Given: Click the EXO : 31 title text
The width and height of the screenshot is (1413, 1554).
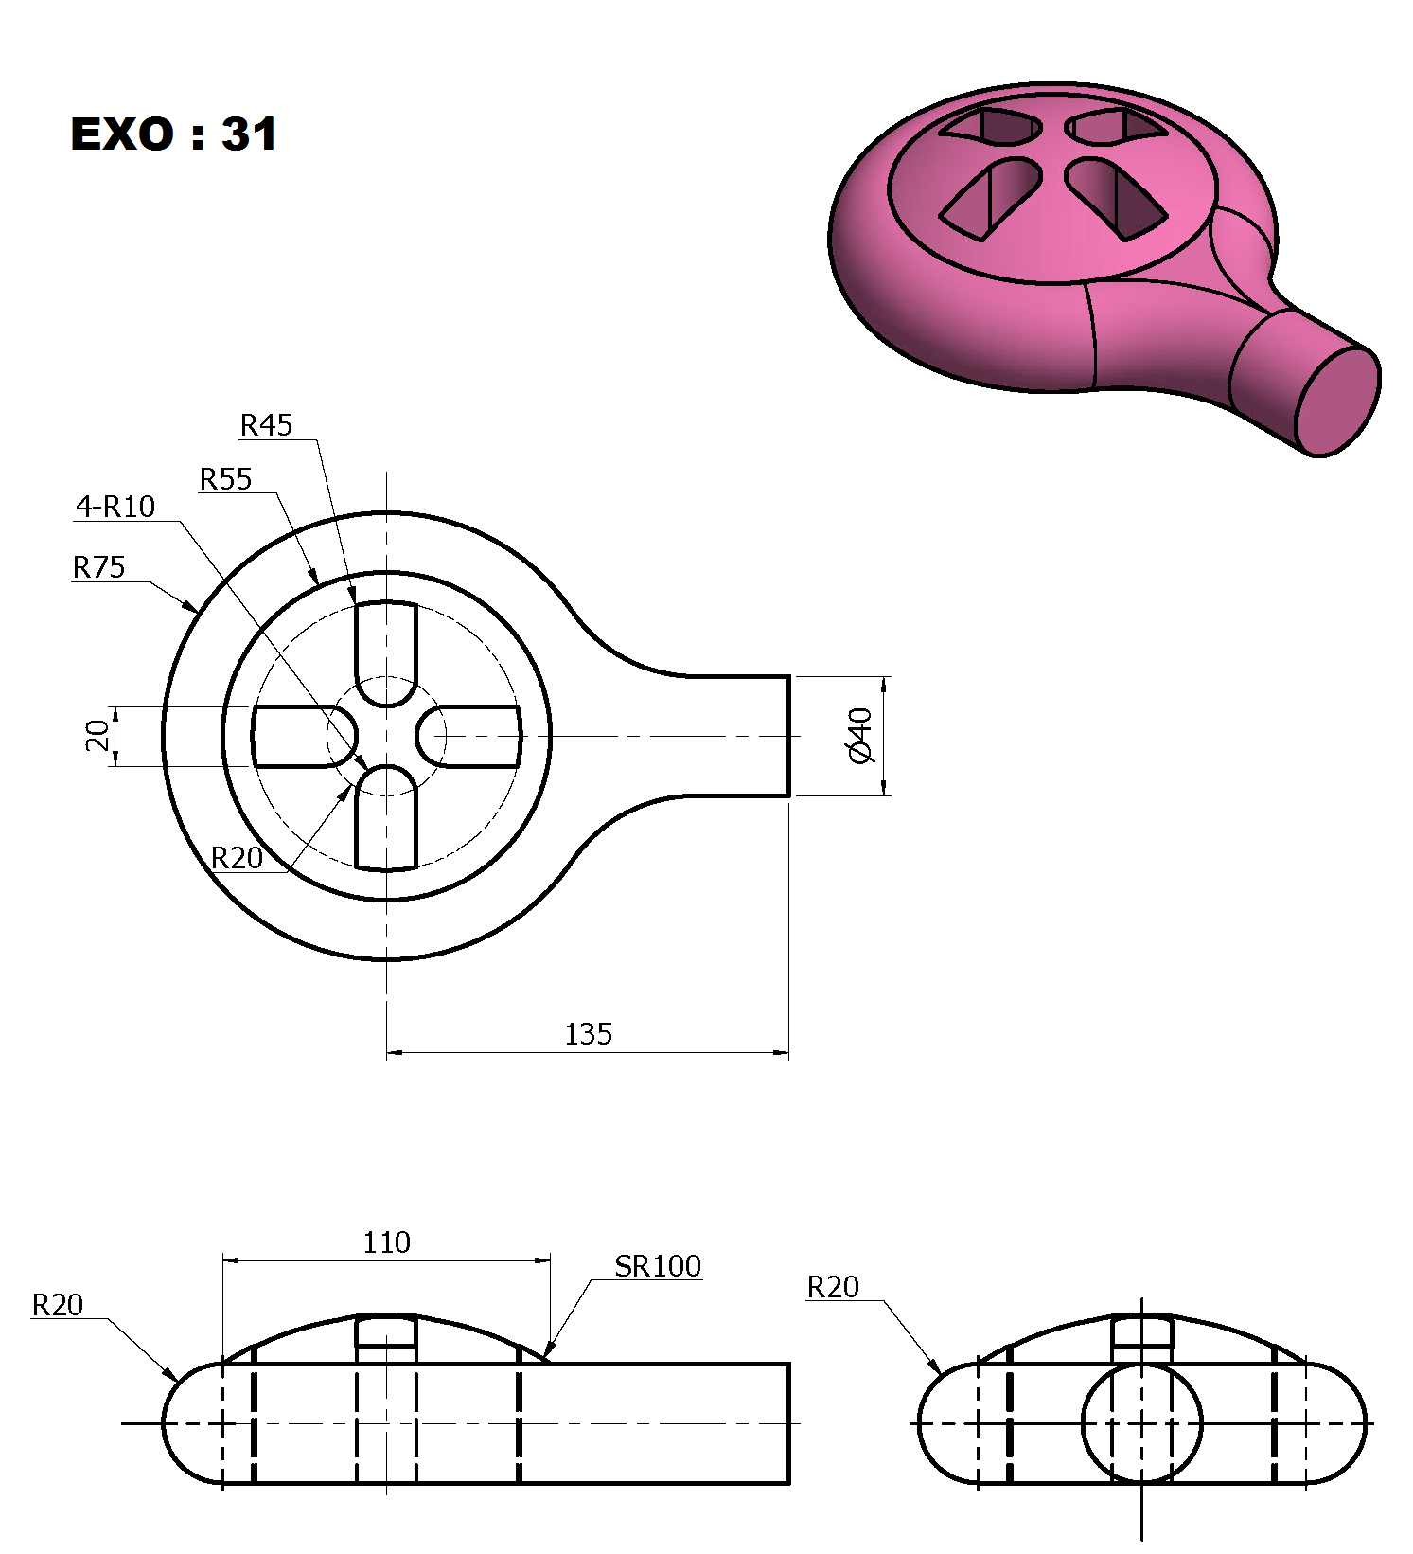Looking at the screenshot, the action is [x=174, y=134].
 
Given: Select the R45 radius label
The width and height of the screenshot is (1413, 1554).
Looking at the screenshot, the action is [x=266, y=425].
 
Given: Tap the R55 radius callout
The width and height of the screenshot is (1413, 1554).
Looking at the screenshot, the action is [x=225, y=479].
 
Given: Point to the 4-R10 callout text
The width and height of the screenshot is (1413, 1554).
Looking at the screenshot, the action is [x=115, y=507].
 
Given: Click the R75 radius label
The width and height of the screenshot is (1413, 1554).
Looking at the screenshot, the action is [x=98, y=567].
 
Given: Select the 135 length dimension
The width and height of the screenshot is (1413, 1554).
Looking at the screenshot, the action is [x=589, y=1033].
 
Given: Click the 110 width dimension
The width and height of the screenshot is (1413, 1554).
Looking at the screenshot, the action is [x=386, y=1241].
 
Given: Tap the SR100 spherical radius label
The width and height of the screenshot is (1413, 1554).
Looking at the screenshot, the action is [x=658, y=1266].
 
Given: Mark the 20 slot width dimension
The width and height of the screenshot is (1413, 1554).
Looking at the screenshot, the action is [x=97, y=736].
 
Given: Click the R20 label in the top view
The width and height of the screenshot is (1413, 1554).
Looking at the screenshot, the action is [x=237, y=858].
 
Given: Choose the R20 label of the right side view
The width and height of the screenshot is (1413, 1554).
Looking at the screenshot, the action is [x=833, y=1287].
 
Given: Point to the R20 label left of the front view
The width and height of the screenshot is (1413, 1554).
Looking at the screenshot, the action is [x=58, y=1305].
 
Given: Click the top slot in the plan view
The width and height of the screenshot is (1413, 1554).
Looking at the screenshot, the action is [x=386, y=653].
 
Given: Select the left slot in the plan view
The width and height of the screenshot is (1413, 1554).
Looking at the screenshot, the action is [x=305, y=736].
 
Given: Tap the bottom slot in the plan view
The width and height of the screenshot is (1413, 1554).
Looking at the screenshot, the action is [x=386, y=817].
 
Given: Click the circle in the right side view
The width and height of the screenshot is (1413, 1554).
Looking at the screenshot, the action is [x=1141, y=1422].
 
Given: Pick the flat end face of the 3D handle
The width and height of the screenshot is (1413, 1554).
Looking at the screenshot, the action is [x=1337, y=402].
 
